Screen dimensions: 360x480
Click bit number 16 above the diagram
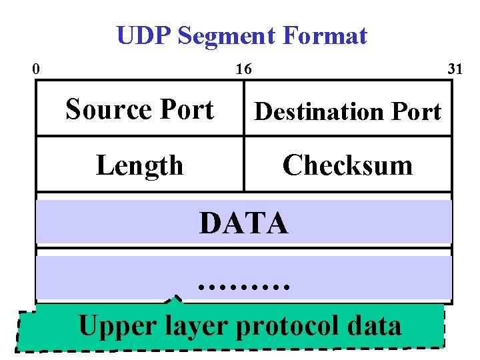pos(243,69)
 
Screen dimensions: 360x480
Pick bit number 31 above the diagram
pos(455,69)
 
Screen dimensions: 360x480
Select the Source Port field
pos(139,109)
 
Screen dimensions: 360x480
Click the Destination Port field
pos(347,111)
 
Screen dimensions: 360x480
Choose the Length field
pos(139,165)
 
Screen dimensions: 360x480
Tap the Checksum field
pos(347,165)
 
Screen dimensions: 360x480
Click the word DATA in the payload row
pos(243,223)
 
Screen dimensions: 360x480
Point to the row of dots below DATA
pos(243,286)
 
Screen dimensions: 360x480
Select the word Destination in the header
pos(317,111)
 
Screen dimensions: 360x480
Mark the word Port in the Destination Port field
pos(411,111)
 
